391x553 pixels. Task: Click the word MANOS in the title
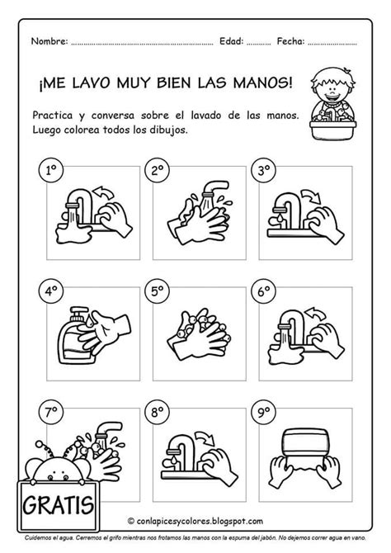(262, 83)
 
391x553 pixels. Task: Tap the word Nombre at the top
(49, 41)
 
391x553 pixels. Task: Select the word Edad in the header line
(231, 41)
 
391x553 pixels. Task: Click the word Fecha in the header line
(290, 41)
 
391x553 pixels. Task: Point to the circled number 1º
(51, 170)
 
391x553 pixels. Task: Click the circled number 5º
(158, 291)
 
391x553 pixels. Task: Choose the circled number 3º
(263, 170)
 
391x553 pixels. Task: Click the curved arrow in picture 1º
(102, 192)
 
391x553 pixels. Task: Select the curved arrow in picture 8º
(206, 437)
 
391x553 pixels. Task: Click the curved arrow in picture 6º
(315, 314)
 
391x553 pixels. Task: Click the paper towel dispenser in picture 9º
(304, 442)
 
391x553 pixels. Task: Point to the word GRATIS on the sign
(59, 505)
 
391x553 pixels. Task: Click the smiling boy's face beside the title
(332, 87)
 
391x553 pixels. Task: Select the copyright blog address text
(195, 521)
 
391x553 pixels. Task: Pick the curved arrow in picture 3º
(311, 196)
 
